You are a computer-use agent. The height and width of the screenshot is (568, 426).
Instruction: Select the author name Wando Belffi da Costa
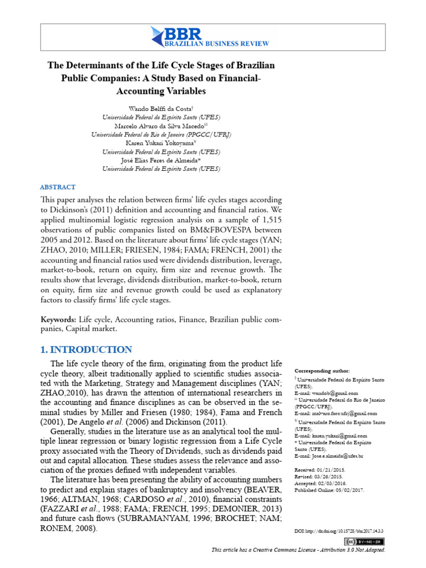[160, 109]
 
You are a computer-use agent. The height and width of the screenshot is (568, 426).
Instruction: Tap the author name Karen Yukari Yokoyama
[160, 143]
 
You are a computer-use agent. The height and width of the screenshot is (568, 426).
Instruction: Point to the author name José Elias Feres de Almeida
[160, 160]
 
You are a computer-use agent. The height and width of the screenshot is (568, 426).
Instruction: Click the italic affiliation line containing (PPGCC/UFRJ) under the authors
[161, 135]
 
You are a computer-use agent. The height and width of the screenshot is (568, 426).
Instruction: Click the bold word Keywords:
[59, 320]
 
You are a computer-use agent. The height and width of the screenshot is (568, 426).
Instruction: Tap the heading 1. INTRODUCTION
[87, 349]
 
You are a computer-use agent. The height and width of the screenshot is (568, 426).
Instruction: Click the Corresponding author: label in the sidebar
[322, 371]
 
